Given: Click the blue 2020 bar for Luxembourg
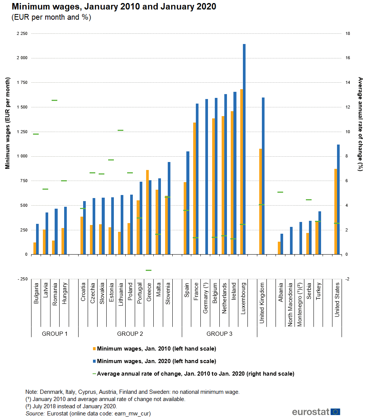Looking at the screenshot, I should tap(244, 149).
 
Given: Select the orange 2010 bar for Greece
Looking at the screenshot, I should tap(148, 212).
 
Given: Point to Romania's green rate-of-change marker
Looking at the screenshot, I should tap(54, 100).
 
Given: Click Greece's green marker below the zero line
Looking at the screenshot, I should tap(148, 270).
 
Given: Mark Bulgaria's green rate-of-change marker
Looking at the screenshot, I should tap(36, 134).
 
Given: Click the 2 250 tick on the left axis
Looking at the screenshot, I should tap(22, 34).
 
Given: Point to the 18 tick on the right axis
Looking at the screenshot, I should tap(347, 34).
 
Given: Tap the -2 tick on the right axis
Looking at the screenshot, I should tap(347, 279).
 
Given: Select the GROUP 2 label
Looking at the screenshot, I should tap(130, 334).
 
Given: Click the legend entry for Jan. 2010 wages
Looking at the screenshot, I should tap(156, 349).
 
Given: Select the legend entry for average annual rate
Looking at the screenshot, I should tap(195, 374).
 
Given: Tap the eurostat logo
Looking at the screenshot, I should tap(316, 412).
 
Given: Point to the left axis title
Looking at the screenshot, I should tap(8, 123).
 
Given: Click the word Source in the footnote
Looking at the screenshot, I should tap(35, 414).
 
